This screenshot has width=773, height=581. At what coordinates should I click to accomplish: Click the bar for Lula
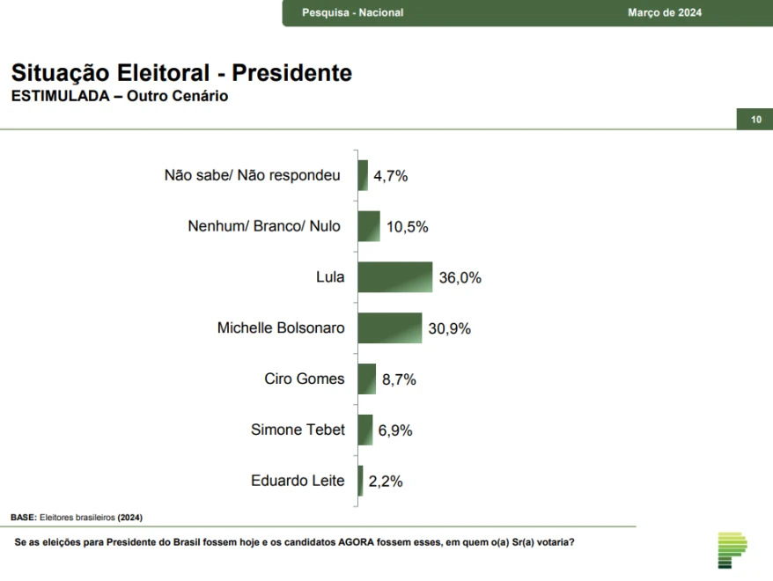(395, 277)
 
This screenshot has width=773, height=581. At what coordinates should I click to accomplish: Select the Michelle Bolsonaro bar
(390, 328)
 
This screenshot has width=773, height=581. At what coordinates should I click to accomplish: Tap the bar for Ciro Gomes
(367, 379)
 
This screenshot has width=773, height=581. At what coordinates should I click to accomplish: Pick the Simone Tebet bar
(365, 430)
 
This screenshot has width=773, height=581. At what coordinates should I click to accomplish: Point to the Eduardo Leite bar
(361, 481)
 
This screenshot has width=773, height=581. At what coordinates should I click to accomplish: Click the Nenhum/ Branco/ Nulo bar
(369, 226)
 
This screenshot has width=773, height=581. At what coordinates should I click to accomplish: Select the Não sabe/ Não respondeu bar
(363, 175)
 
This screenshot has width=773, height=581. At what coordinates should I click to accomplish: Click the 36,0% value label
(460, 278)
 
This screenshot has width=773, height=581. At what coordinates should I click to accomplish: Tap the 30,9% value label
(450, 329)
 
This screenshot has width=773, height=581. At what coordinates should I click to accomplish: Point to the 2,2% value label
(386, 482)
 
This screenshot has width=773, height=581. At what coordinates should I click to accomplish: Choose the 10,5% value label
(407, 227)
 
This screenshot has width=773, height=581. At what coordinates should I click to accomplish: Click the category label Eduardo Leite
(298, 481)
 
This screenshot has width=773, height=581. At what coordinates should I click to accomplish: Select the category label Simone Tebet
(298, 430)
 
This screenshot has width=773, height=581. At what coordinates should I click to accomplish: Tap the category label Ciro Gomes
(305, 379)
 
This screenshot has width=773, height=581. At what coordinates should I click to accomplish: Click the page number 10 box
(755, 120)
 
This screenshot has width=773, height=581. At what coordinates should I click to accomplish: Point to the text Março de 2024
(665, 13)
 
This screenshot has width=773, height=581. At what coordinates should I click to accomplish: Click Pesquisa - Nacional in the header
(352, 13)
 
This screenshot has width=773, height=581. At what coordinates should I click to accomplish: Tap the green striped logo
(732, 550)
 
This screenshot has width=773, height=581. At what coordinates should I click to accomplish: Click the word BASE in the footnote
(23, 517)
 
